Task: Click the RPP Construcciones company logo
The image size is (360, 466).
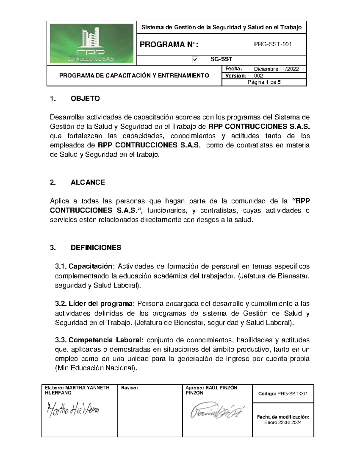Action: point(91,43)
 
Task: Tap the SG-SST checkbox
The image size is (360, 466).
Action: point(195,60)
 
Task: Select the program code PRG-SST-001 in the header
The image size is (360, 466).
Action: point(273,45)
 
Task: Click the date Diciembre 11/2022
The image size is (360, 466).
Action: point(276,69)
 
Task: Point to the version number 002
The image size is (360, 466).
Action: point(258,76)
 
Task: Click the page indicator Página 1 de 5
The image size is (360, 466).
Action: point(264,83)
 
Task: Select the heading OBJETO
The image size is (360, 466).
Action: point(85,99)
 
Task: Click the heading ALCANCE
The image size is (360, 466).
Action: point(88,182)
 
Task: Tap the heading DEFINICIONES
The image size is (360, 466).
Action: point(96,248)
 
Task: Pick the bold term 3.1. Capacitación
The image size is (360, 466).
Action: point(85,266)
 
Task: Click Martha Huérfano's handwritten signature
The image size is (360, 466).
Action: point(73,410)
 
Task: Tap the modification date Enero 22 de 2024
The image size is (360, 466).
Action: point(283,422)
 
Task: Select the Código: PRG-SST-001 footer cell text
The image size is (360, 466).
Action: point(283,394)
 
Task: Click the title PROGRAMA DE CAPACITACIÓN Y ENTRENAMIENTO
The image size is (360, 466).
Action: point(134,76)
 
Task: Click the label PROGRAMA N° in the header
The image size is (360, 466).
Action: point(169,45)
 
